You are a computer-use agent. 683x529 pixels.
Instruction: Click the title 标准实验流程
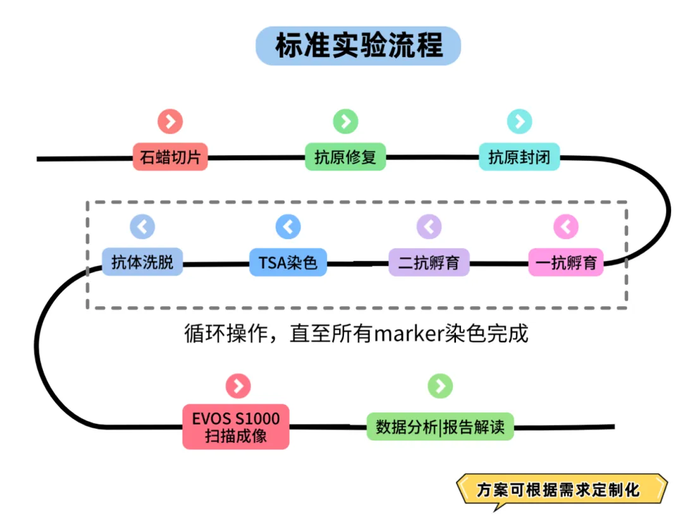[358, 46]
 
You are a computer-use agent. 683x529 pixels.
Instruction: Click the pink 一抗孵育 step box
[566, 262]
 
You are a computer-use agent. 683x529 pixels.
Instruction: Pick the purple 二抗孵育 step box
[429, 262]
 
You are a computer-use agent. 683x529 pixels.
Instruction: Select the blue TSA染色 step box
[288, 262]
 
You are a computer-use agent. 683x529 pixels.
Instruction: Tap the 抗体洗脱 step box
[142, 262]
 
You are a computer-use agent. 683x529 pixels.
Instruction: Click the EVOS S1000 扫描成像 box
[236, 426]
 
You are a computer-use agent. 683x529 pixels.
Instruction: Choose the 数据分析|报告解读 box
[440, 426]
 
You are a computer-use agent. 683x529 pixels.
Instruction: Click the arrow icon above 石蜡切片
[170, 121]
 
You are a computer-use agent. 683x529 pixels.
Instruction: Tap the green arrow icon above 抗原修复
[345, 121]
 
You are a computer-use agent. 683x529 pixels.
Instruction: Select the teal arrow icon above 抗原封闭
[519, 121]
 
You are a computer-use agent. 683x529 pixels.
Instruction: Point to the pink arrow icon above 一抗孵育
[566, 227]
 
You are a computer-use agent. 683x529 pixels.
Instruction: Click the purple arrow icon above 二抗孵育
[429, 227]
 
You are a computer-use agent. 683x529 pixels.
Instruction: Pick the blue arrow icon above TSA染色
[288, 227]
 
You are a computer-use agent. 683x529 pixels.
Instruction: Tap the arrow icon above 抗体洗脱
[142, 227]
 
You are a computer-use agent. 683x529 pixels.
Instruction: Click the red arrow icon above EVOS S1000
[238, 386]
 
